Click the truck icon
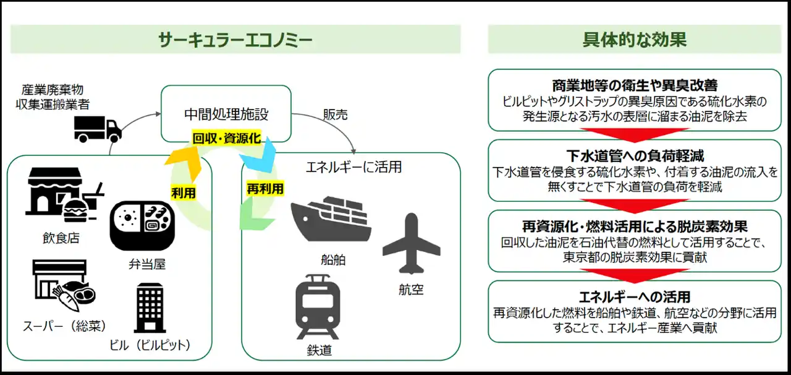[x=98, y=128]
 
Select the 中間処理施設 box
[x=226, y=114]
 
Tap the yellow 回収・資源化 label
[x=226, y=139]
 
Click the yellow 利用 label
[x=184, y=193]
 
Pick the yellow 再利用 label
[x=264, y=189]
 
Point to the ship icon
[x=331, y=220]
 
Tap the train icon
[x=319, y=307]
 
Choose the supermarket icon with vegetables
[x=61, y=285]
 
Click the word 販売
[x=336, y=115]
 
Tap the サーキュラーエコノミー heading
[x=235, y=40]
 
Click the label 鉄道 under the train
[x=319, y=350]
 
